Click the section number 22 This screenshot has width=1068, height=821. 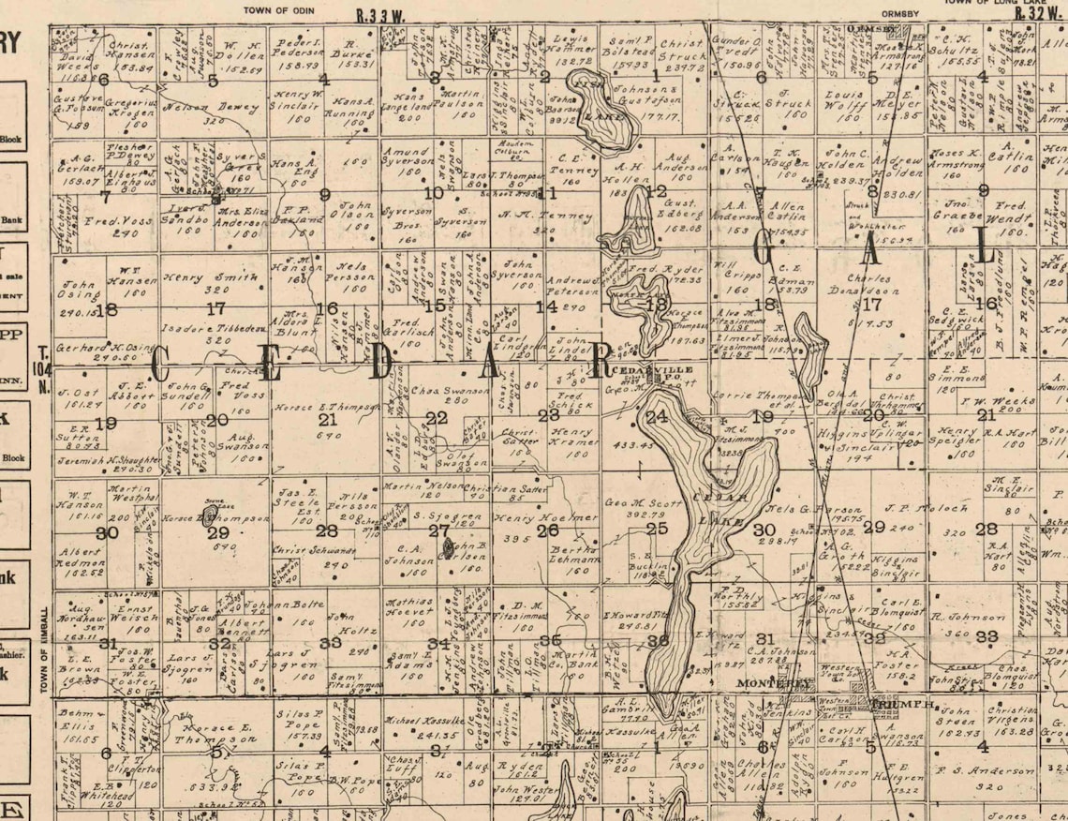(437, 418)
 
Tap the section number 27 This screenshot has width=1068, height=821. (438, 530)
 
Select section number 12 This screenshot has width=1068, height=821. (657, 191)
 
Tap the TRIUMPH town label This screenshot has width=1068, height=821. (902, 704)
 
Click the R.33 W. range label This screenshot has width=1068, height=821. (381, 15)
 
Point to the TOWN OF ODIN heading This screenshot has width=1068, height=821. (280, 10)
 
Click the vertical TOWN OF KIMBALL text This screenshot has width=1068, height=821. (44, 650)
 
